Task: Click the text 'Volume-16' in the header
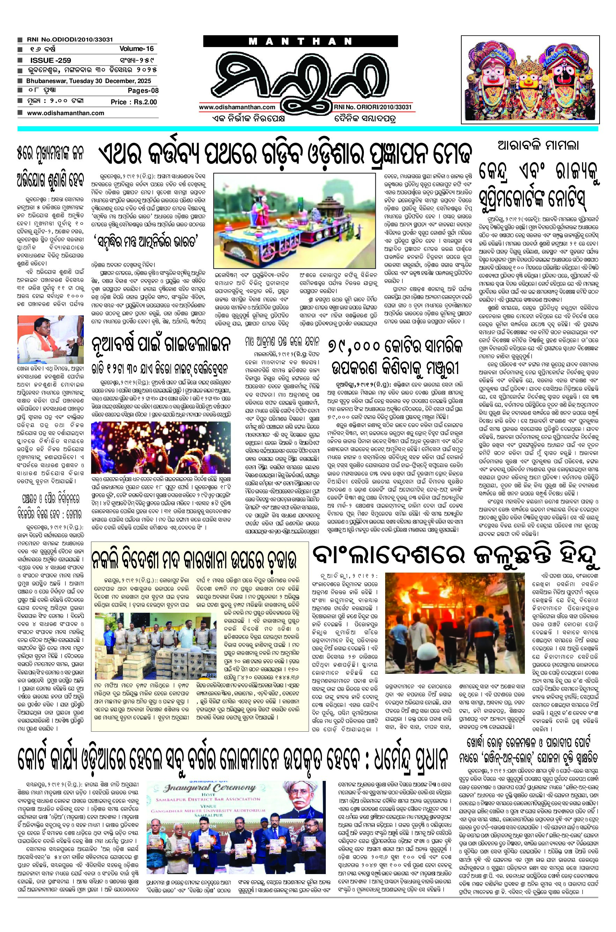(137, 49)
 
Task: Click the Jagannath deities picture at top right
(530, 79)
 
